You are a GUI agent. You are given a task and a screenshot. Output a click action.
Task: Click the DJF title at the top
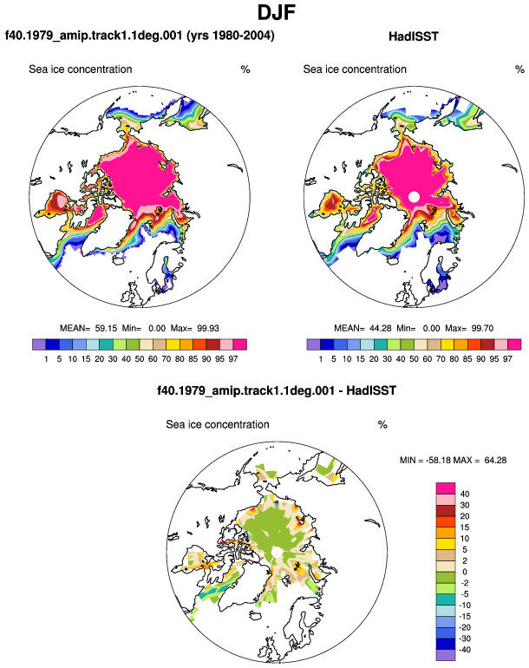click(x=277, y=12)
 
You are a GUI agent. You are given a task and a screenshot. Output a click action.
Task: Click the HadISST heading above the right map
click(x=413, y=36)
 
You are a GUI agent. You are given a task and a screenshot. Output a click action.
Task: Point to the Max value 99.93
click(x=208, y=329)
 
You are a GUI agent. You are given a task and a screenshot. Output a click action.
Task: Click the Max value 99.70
click(x=482, y=329)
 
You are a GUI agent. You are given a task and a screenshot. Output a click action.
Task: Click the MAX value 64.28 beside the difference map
click(x=495, y=460)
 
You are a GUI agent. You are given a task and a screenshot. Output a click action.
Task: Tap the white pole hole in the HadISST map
click(x=414, y=196)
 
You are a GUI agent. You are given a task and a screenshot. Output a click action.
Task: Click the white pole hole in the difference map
click(x=277, y=552)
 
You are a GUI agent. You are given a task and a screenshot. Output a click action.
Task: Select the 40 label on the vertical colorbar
click(x=465, y=494)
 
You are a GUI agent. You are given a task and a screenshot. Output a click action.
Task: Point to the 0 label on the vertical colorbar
click(x=465, y=572)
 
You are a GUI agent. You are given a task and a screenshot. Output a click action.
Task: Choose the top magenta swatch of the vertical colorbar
click(x=446, y=488)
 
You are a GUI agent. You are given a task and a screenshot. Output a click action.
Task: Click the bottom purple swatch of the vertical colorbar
click(x=446, y=655)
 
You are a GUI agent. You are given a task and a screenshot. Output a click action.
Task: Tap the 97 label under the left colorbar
click(x=233, y=359)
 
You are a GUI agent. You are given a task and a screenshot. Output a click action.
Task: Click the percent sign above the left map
click(x=245, y=69)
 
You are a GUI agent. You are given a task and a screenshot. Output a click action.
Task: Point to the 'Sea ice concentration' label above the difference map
click(x=218, y=425)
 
